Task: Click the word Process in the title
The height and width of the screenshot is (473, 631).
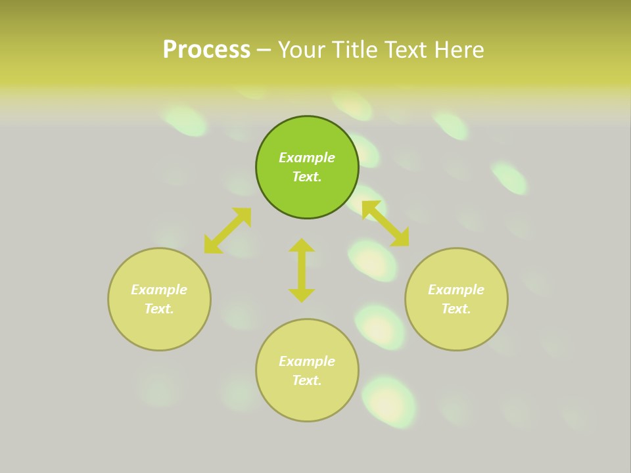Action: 206,50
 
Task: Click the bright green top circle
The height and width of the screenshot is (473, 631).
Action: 307,131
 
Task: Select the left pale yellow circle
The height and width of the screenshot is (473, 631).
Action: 159,328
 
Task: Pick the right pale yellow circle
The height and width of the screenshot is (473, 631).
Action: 456,328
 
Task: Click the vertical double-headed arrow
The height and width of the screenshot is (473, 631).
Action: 302,270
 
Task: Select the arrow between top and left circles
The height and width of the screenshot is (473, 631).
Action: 227,231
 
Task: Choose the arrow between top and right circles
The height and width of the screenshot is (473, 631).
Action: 385,224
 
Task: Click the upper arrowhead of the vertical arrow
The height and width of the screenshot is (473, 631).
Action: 302,245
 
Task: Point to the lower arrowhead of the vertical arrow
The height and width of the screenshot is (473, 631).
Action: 302,295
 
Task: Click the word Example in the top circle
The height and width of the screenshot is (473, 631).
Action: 307,158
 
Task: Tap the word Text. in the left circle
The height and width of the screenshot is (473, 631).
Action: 159,309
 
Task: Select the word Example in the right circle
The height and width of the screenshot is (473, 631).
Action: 456,290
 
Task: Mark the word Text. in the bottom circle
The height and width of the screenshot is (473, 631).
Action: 307,380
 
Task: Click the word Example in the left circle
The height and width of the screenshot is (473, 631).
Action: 159,290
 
